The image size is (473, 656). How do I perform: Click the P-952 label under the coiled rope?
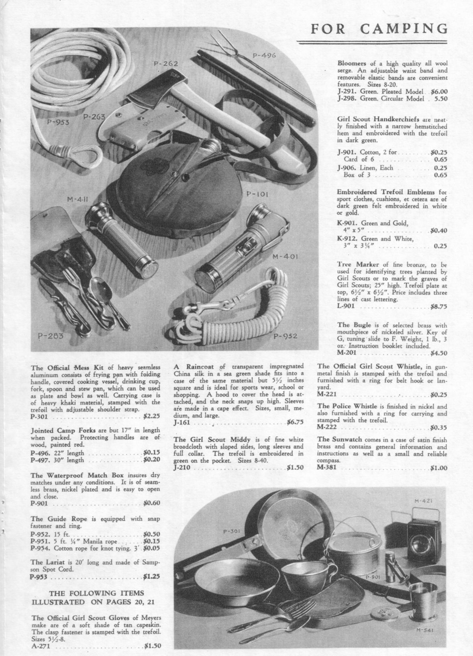click(x=285, y=336)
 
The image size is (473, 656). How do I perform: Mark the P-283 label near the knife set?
click(x=51, y=336)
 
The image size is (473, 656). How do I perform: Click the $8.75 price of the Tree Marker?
click(x=438, y=307)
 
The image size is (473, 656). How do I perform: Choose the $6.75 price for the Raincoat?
click(x=295, y=422)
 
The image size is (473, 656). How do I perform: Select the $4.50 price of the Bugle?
click(x=438, y=353)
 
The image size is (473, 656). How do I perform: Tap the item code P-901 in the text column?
click(x=39, y=503)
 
